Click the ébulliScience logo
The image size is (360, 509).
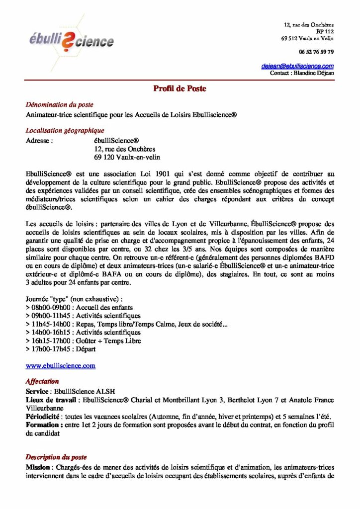coord(71,40)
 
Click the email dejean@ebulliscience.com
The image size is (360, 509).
coord(297,66)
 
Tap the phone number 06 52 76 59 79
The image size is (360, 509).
coord(316,52)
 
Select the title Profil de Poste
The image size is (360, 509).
coord(180,89)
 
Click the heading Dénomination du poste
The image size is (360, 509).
coord(59,105)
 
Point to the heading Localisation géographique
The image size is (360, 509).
coord(65,131)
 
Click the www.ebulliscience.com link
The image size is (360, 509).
coord(60,366)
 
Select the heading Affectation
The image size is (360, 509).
coord(42,381)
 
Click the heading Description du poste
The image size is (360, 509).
coord(56,457)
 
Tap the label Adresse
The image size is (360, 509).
coord(39,141)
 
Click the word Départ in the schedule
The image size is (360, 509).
coord(86,349)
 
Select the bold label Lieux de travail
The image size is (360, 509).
coord(51,400)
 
